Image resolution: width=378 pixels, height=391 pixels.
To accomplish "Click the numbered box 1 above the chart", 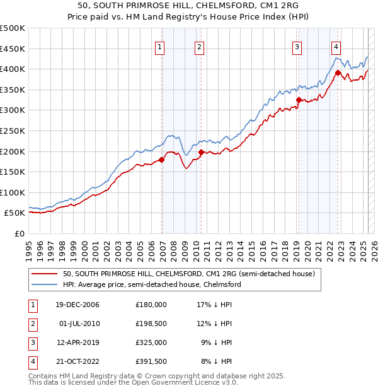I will pos(159,47).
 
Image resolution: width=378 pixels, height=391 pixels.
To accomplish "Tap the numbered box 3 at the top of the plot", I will pos(296,47).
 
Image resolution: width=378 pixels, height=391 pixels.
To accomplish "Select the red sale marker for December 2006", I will pos(162,160).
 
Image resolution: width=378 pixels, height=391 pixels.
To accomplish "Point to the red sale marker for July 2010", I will pos(201,152).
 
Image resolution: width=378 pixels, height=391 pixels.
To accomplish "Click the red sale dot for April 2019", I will pos(299,100).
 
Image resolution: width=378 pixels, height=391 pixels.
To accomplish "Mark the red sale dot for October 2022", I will pos(338,73).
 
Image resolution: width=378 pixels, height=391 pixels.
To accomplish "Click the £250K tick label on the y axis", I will pos(13,131).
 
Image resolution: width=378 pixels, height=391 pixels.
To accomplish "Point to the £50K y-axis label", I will pos(14,213).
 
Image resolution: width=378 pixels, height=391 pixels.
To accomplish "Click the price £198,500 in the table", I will pos(151,324).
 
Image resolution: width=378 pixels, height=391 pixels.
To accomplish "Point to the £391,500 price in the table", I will pos(151,361).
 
